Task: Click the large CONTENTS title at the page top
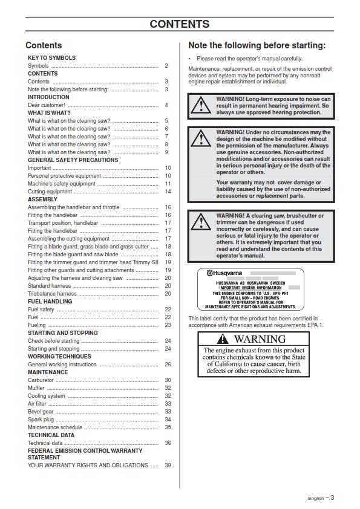[x=180, y=24]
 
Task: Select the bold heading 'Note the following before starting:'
[x=257, y=45]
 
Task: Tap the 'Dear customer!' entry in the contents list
[x=45, y=105]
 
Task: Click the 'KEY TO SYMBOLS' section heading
[x=51, y=58]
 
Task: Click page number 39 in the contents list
[x=168, y=465]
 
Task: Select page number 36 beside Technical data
[x=168, y=443]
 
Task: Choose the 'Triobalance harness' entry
[x=52, y=294]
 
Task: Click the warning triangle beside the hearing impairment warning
[x=201, y=106]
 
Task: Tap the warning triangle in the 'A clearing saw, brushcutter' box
[x=201, y=222]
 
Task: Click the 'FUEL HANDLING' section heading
[x=50, y=301]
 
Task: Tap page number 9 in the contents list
[x=166, y=152]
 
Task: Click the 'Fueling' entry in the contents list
[x=37, y=325]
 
